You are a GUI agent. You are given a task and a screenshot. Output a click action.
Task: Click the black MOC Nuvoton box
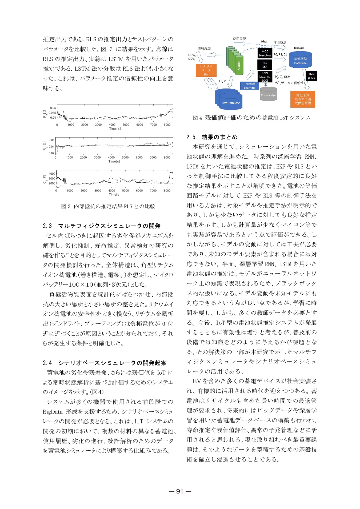[265, 53]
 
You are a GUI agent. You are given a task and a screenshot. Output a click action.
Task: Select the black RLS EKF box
[265, 65]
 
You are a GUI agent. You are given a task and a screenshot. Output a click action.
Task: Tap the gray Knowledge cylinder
[268, 95]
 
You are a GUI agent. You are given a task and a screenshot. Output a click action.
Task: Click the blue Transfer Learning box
[250, 86]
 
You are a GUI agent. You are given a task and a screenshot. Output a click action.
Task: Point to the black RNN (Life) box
[311, 76]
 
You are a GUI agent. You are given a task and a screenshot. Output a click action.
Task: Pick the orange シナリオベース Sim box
[206, 70]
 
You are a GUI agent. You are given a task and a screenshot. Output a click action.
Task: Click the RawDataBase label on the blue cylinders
[231, 103]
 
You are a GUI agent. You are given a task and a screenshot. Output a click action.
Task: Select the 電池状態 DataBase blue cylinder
[300, 61]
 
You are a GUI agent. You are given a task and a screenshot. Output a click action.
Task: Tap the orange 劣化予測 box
[303, 99]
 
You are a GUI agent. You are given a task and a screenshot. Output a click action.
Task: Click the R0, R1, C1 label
[280, 54]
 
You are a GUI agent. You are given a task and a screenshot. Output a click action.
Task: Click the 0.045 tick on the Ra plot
[52, 113]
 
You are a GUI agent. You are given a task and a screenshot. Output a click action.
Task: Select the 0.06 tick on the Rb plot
[51, 140]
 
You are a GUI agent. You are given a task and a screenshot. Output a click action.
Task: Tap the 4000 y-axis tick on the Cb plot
[52, 174]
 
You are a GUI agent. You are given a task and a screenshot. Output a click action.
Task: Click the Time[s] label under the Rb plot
[114, 161]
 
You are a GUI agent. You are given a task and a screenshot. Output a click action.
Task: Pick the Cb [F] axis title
[45, 179]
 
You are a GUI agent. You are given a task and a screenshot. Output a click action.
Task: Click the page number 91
[180, 491]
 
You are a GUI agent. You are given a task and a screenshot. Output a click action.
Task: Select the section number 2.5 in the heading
[191, 137]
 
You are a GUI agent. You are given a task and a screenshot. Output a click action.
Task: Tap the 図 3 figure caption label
[66, 206]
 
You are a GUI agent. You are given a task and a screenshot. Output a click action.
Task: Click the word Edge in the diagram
[264, 42]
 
